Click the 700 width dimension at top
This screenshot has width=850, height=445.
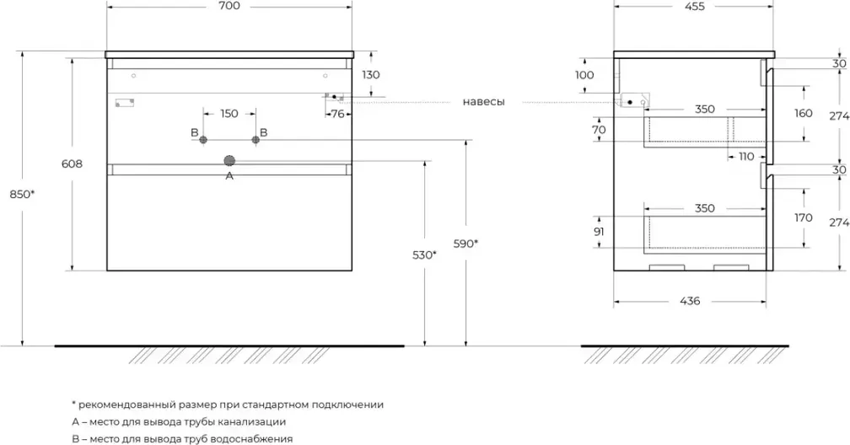229,7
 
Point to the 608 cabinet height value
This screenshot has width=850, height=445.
73,165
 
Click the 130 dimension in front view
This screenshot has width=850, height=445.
370,75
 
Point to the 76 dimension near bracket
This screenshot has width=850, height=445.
337,114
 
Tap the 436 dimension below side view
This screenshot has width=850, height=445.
689,301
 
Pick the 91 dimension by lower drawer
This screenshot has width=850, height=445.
600,232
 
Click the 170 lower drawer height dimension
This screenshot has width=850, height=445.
803,217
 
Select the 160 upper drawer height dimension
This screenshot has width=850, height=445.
803,113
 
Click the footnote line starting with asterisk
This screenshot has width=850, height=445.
228,405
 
